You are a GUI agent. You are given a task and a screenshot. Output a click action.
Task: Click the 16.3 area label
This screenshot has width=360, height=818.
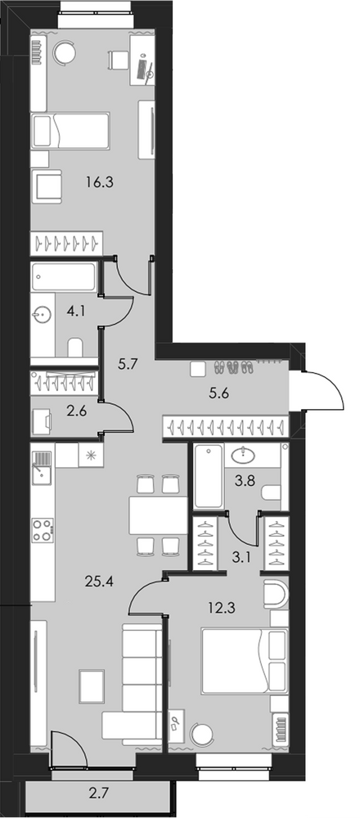coord(99,182)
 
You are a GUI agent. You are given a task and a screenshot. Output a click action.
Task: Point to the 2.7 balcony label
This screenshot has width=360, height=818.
coord(100,795)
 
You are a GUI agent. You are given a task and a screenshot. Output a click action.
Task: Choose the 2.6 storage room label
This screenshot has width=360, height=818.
coord(77,410)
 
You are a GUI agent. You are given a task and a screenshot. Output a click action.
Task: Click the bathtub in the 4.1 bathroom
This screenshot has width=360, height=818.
coord(64,276)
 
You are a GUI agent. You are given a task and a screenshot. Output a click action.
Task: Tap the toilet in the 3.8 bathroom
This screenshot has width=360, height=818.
coord(272,492)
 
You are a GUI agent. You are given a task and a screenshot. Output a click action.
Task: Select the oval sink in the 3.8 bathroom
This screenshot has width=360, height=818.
coord(243,455)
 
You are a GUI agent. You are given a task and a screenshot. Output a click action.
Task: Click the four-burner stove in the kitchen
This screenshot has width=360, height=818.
coord(43,529)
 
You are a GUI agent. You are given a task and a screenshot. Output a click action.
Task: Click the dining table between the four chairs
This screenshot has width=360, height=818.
coord(158,515)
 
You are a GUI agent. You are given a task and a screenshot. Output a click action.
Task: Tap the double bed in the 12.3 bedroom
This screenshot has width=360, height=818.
coord(244,661)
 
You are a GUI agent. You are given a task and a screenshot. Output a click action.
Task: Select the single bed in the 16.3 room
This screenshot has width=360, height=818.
coord(70,131)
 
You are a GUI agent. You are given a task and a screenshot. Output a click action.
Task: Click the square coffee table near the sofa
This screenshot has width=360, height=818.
coord(92,686)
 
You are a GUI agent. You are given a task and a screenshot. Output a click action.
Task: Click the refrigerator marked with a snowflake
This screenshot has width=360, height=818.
coord(92,455)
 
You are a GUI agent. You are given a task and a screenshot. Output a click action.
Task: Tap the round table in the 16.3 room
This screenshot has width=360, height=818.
coord(65,52)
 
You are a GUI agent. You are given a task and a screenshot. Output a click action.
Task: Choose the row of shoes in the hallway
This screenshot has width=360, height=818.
coord(235,368)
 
